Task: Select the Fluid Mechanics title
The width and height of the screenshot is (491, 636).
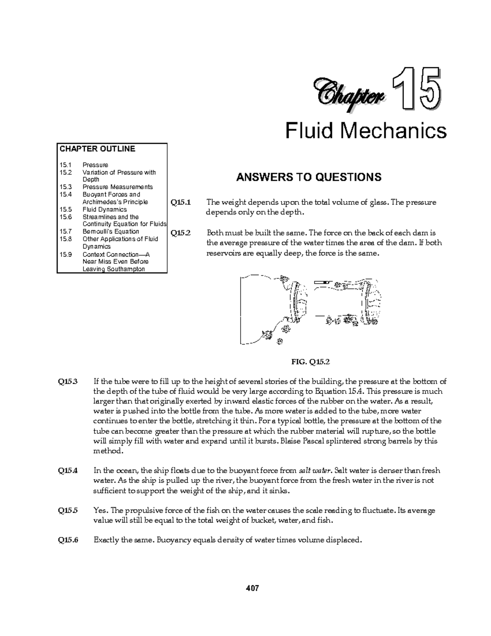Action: coord(365,131)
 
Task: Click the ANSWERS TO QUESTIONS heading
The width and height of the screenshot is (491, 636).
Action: coord(309,177)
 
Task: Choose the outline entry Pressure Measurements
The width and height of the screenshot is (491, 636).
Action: coord(117,187)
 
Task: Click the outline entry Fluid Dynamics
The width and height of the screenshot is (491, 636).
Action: coord(104,209)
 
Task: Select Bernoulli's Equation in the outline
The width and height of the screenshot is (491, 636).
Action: coord(110,231)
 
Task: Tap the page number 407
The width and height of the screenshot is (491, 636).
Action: coord(252,588)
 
